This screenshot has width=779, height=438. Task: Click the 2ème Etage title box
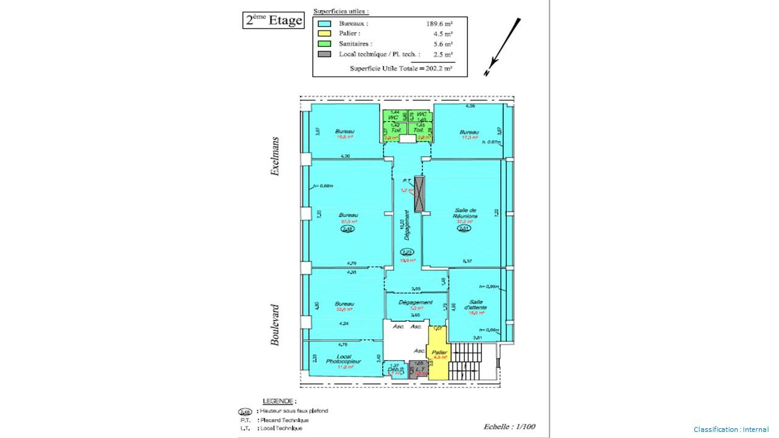point(273,20)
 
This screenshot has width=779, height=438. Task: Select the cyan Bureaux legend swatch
point(324,24)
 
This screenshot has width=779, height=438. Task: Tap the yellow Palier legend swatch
point(324,33)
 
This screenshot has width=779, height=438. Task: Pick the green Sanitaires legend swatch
point(324,44)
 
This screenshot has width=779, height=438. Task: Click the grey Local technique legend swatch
point(324,54)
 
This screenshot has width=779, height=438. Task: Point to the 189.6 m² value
point(439,24)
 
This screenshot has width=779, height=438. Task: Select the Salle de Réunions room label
point(466,213)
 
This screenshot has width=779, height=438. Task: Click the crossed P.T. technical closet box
point(419,194)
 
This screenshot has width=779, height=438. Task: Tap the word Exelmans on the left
point(275,156)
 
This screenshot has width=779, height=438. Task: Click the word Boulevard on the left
point(275,325)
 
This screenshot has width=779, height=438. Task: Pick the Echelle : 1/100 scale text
point(509,426)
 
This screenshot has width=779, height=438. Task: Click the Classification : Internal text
point(731,429)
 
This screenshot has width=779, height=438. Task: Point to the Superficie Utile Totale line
point(400,69)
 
